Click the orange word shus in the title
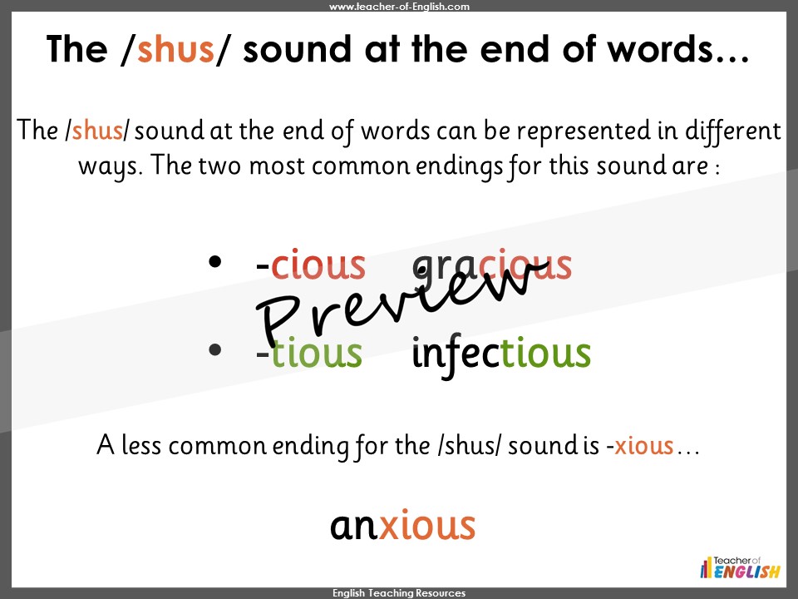pos(175,49)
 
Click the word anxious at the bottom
pos(402,525)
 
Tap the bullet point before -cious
pos(214,261)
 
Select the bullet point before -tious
pos(214,349)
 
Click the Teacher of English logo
pos(740,567)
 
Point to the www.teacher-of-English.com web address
pos(399,7)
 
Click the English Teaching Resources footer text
pos(399,593)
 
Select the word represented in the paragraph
pos(584,131)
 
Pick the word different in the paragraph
pos(733,131)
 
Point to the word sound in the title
pos(297,49)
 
